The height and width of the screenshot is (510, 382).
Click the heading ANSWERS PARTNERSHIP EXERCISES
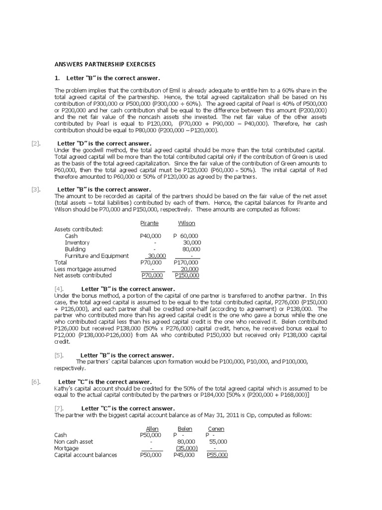coord(104,64)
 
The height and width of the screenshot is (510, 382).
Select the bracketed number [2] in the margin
coord(35,143)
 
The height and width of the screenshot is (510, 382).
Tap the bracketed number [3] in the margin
coord(35,189)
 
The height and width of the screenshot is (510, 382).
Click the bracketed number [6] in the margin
coord(35,382)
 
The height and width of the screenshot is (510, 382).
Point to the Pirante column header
coord(150,223)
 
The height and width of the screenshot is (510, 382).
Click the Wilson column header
coord(187,223)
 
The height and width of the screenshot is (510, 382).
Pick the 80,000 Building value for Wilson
coord(191,249)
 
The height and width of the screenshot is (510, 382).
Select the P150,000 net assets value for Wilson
coord(187,275)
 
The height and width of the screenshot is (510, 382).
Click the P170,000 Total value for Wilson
coord(186,262)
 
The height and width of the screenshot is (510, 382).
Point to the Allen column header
coord(152,429)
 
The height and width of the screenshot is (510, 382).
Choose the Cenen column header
coord(216,429)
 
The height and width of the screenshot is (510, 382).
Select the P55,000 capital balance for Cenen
coord(217,455)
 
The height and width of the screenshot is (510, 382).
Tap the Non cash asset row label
coord(74,442)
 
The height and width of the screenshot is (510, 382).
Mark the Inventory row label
coord(77,243)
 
